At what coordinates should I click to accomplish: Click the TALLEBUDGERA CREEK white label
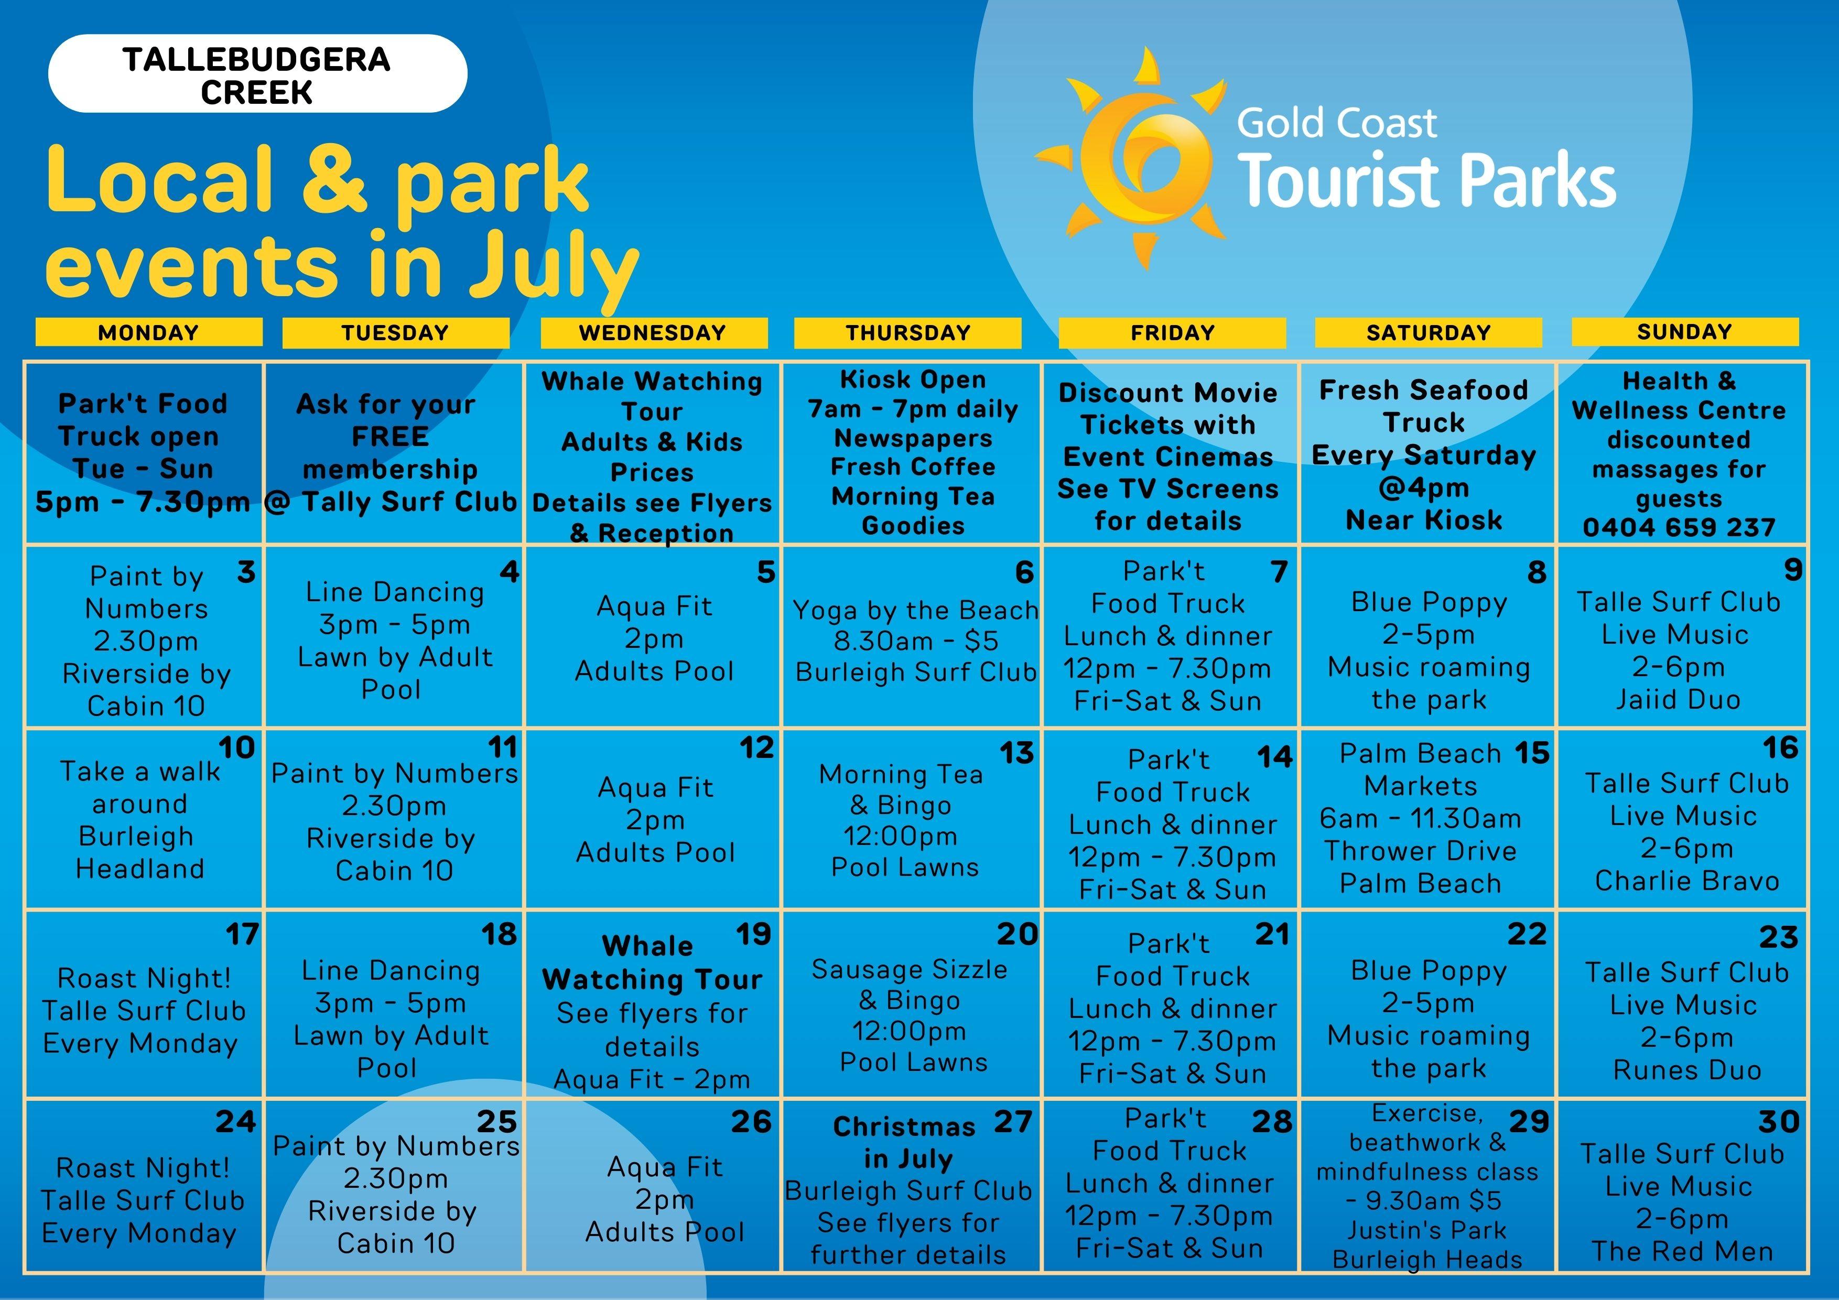pos(257,74)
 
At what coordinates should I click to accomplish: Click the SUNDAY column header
pos(1684,332)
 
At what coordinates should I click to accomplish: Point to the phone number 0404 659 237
pos(1679,527)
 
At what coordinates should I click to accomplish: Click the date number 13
pos(1016,753)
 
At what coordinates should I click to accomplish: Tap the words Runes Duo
pos(1687,1070)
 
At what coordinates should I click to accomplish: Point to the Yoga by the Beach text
pos(915,610)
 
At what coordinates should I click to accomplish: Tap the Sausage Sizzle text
pos(909,969)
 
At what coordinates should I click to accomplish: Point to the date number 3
pos(246,572)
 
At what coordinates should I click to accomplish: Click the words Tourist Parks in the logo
pos(1426,181)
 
